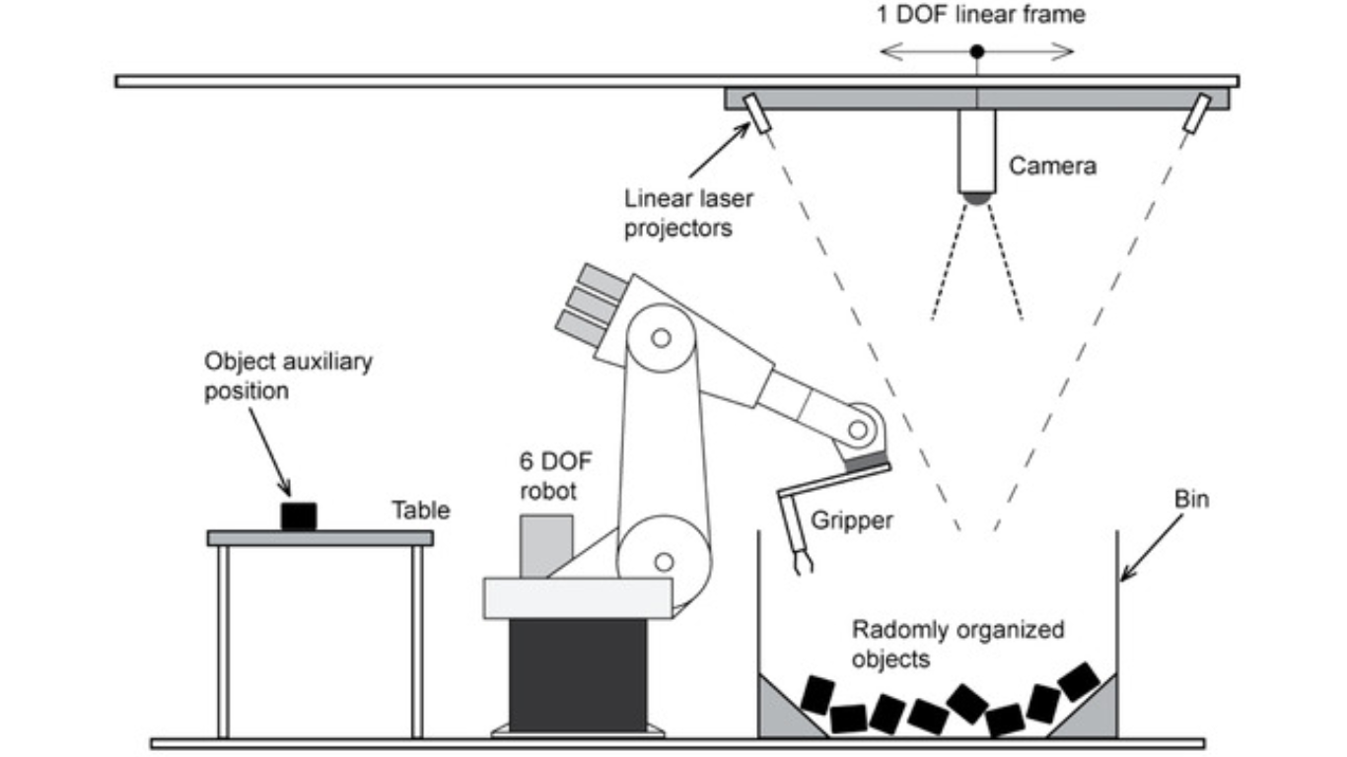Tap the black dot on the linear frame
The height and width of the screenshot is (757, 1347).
tap(976, 50)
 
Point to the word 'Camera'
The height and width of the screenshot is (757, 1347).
tap(1052, 167)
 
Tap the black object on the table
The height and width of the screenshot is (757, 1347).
tap(299, 516)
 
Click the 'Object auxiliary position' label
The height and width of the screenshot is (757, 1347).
tap(288, 376)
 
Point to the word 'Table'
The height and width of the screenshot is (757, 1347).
tap(421, 510)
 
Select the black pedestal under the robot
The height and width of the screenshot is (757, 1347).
tap(565, 675)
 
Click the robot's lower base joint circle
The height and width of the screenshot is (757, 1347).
tap(664, 561)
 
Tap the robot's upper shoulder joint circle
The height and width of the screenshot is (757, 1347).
tap(662, 338)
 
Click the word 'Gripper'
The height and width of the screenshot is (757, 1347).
tap(853, 519)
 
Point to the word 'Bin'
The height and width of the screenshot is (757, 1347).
tap(1191, 500)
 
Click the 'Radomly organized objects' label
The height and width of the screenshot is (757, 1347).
tap(957, 644)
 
